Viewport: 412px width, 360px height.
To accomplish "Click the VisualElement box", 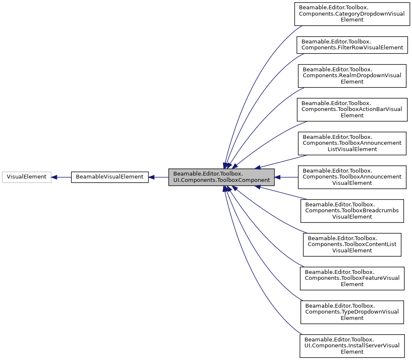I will coord(27,177).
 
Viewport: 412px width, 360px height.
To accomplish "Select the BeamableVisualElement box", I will coord(110,177).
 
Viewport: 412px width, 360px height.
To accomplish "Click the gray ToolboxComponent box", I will coord(221,177).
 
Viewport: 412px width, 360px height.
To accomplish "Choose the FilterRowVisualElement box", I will coord(352,44).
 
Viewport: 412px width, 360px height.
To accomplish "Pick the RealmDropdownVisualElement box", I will coord(352,76).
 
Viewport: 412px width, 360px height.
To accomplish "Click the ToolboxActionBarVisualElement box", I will coord(352,109).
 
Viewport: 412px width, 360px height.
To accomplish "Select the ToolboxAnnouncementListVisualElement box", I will coord(352,143).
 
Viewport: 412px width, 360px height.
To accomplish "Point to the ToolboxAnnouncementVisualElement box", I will coord(352,177).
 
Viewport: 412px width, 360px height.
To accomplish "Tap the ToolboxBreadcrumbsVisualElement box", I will coord(352,211).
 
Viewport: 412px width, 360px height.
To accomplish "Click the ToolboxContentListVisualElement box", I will coord(352,244).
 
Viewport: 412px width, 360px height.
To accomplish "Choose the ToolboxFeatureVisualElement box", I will coord(352,278).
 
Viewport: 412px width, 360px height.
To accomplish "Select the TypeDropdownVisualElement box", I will coord(352,312).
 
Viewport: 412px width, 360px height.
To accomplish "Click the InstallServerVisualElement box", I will coord(352,346).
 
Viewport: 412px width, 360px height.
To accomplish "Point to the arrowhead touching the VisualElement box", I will coord(54,177).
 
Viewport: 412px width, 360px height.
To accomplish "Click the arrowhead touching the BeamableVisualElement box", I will coord(152,177).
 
